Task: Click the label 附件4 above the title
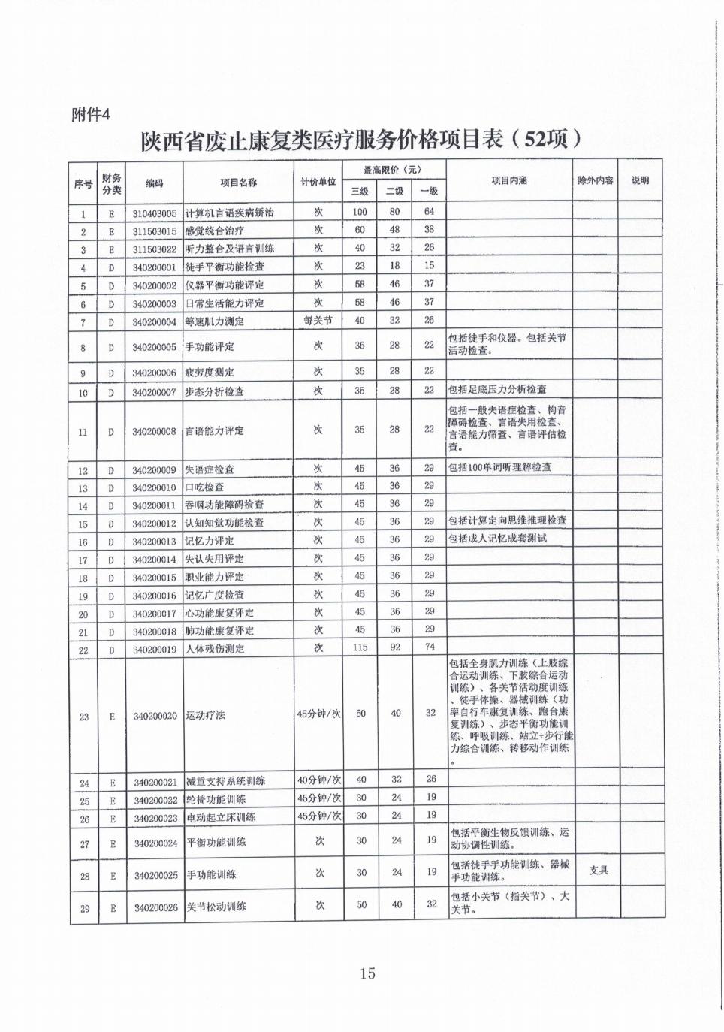(90, 114)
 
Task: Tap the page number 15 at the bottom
(367, 973)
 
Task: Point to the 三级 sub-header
(360, 192)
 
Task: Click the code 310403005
(155, 213)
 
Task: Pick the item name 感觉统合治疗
(214, 231)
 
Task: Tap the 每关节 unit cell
(318, 321)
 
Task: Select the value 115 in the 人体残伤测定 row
(360, 647)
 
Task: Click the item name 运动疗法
(205, 715)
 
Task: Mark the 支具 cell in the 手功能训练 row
(599, 870)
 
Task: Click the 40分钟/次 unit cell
(319, 780)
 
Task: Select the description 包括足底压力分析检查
(497, 389)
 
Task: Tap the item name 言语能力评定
(214, 431)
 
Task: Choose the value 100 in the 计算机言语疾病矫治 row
(360, 212)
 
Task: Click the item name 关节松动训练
(216, 907)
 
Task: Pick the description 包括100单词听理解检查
(499, 467)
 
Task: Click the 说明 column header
(640, 181)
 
